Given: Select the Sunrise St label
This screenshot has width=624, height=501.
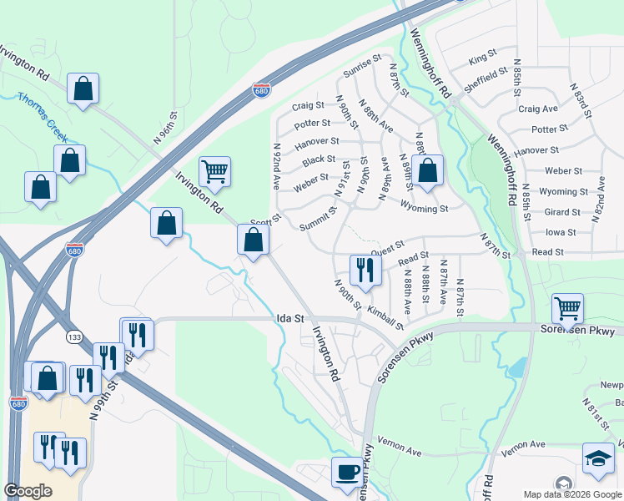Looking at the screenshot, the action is [362, 66].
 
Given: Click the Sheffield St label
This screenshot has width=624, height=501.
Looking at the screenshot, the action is [486, 77].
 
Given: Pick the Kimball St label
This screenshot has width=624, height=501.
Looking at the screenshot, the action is [385, 319].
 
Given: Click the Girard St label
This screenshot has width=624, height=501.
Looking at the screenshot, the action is [561, 213].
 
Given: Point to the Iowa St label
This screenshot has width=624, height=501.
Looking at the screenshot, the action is [561, 233].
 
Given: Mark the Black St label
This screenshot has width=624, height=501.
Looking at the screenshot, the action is [319, 159].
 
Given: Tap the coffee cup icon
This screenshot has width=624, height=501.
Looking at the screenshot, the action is [347, 472].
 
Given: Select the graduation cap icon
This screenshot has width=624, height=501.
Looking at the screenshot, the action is [597, 458].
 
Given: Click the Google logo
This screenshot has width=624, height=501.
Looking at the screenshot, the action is [28, 491].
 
